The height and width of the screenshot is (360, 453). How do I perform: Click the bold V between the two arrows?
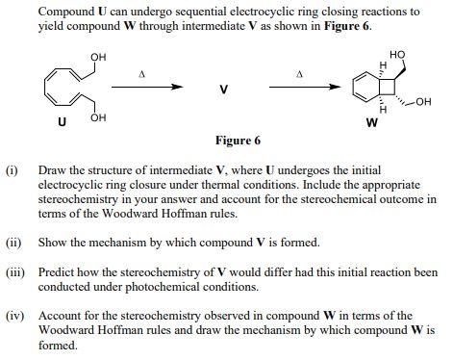[x=224, y=90]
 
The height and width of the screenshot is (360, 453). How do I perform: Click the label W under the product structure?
[x=370, y=122]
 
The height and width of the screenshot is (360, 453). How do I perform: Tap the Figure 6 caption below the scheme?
[x=239, y=141]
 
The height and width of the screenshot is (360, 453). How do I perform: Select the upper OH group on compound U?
[x=98, y=58]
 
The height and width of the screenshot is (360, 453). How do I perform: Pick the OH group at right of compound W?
[x=424, y=100]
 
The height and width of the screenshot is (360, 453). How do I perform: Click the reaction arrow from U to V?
[x=147, y=87]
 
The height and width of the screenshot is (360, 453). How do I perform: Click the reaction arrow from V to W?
[x=300, y=87]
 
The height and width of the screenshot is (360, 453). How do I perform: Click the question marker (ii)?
[x=13, y=242]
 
